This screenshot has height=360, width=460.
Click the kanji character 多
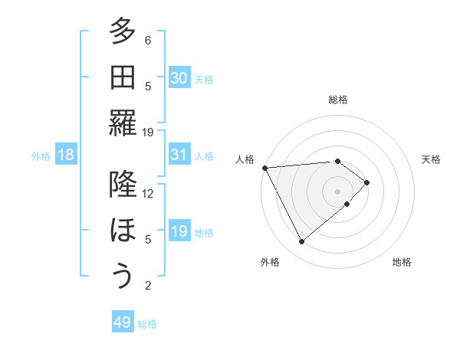122,31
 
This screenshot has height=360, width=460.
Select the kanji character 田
122,77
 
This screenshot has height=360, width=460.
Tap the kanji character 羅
122,123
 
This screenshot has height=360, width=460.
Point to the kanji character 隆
122,185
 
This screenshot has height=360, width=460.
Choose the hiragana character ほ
122,231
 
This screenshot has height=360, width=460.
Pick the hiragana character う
122,277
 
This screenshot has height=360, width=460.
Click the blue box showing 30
179,78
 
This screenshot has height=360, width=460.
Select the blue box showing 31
179,155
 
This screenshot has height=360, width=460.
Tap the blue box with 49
122,322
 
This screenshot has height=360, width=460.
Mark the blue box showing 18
66,155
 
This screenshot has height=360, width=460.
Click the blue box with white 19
179,231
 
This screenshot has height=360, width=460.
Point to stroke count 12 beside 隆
148,193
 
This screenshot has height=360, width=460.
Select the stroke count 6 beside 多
148,40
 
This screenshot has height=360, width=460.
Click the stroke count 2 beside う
148,286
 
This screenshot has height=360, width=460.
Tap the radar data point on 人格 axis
264,167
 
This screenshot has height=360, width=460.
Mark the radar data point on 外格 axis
301,242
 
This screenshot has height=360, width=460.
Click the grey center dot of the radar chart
337,190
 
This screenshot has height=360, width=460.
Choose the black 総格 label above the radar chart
338,100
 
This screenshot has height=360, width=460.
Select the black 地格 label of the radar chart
402,262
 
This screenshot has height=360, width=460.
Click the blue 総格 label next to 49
148,324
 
